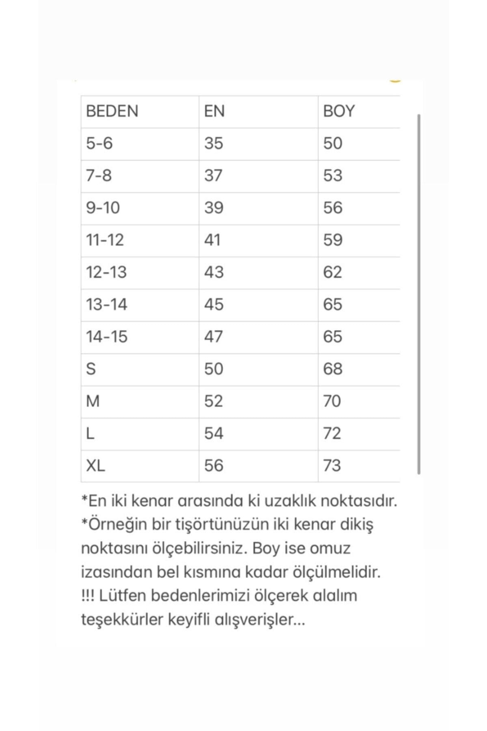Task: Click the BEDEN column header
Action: point(112,111)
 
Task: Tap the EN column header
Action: point(214,111)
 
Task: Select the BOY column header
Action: point(338,111)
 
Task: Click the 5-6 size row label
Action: point(99,143)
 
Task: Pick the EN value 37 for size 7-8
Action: point(213,175)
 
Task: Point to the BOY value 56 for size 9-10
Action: point(332,208)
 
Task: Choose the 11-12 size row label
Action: point(105,240)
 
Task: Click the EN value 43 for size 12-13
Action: point(213,272)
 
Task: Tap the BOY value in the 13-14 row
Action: point(332,304)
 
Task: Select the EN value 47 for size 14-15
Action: point(213,337)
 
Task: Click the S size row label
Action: point(91,369)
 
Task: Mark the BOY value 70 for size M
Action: point(332,401)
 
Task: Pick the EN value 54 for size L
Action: point(213,433)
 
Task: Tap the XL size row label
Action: point(95,465)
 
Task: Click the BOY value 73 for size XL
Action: point(332,465)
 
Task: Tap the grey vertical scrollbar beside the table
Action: point(418,294)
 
